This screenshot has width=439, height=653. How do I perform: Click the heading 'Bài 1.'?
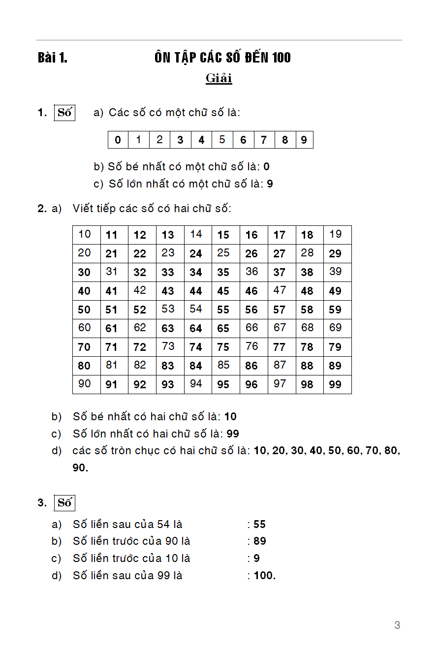[53, 58]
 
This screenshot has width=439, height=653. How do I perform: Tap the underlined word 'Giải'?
[219, 78]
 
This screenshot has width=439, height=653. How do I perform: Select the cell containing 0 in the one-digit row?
[118, 140]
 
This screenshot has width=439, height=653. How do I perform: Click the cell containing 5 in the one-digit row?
[222, 140]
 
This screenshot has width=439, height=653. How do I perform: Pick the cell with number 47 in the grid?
[280, 290]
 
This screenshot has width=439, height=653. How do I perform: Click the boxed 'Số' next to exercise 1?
[64, 113]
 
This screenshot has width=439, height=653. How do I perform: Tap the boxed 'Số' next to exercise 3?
[64, 503]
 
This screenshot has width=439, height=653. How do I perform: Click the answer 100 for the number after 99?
[263, 575]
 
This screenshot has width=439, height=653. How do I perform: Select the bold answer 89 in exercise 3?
[260, 541]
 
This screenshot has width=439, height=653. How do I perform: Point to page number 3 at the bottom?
[397, 625]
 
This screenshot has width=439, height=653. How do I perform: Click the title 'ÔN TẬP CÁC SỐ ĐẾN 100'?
[222, 58]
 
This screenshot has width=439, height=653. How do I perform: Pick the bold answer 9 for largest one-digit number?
[270, 184]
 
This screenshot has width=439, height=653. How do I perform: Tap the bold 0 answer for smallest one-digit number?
[266, 167]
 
